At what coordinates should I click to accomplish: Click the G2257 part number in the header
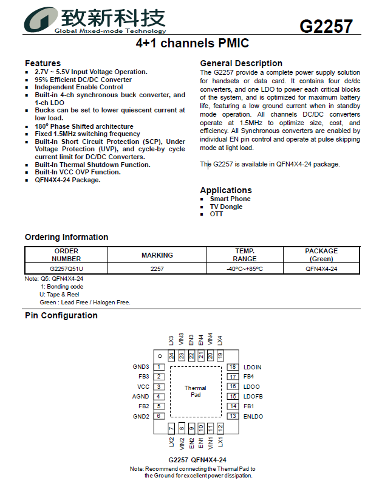pyautogui.click(x=326, y=26)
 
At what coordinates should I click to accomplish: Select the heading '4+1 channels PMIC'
pyautogui.click(x=192, y=44)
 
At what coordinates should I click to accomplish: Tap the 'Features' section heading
pyautogui.click(x=43, y=63)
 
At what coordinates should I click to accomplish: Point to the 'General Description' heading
pyautogui.click(x=241, y=63)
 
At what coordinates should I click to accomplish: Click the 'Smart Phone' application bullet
pyautogui.click(x=230, y=199)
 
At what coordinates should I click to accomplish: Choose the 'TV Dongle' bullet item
pyautogui.click(x=226, y=207)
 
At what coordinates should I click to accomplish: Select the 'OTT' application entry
pyautogui.click(x=217, y=214)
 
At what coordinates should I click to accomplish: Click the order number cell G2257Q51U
pyautogui.click(x=67, y=269)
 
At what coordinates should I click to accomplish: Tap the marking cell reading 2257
pyautogui.click(x=157, y=269)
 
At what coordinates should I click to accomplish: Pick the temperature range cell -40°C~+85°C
pyautogui.click(x=245, y=269)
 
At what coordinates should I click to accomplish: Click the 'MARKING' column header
pyautogui.click(x=157, y=255)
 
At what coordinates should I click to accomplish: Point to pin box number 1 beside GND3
pyautogui.click(x=159, y=367)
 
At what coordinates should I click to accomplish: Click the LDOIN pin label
pyautogui.click(x=253, y=367)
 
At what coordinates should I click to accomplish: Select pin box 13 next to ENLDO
pyautogui.click(x=233, y=416)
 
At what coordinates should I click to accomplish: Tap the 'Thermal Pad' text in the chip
pyautogui.click(x=196, y=391)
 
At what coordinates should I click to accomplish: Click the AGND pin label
pyautogui.click(x=140, y=397)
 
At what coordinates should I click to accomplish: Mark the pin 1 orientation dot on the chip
pyautogui.click(x=159, y=355)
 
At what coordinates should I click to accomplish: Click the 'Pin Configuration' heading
pyautogui.click(x=61, y=315)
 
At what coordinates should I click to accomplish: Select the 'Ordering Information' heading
pyautogui.click(x=66, y=237)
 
